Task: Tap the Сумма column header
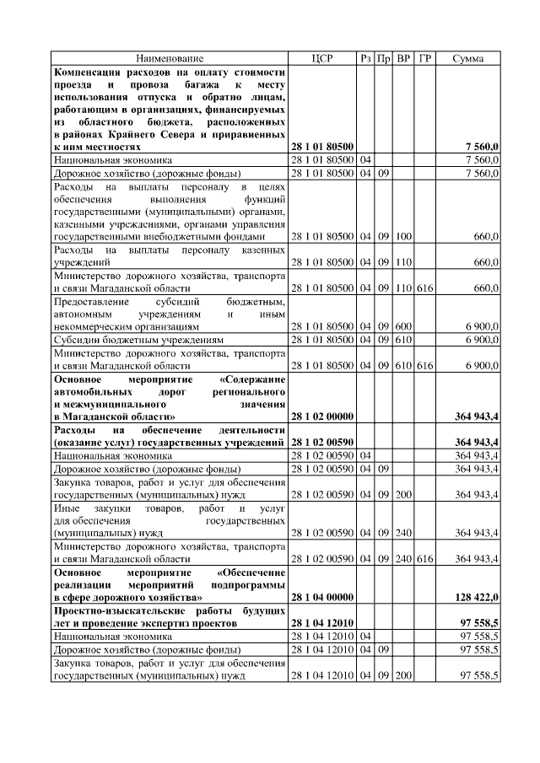tap(467, 59)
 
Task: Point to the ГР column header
tap(425, 59)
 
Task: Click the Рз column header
tap(365, 59)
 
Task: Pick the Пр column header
tap(384, 59)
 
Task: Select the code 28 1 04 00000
tap(321, 597)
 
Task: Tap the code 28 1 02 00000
tap(321, 416)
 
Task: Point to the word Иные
tap(67, 509)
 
